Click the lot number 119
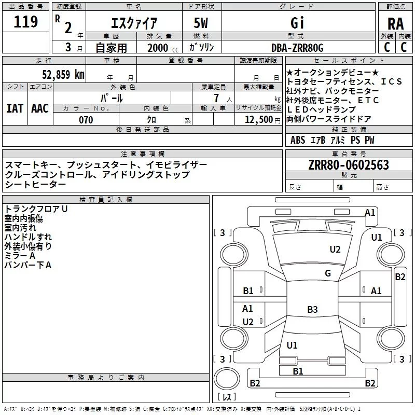[26, 22]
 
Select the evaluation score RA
[395, 23]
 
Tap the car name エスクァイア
[134, 23]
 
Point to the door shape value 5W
[202, 23]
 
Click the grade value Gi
[296, 23]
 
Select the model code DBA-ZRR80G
[297, 48]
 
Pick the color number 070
[86, 120]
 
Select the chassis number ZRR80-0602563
[348, 165]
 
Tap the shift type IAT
[15, 108]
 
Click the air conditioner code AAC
[39, 108]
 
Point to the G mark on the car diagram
[328, 273]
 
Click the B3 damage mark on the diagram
[312, 310]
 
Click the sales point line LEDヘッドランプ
[321, 109]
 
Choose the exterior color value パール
[111, 98]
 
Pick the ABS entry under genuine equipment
[298, 140]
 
